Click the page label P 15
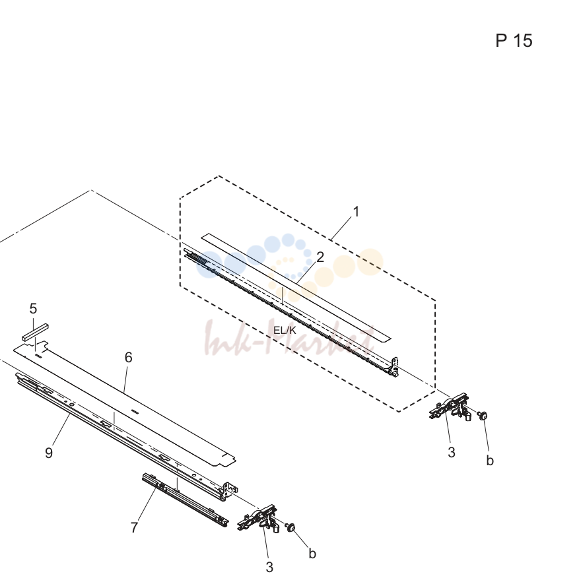click(x=514, y=40)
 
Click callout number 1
click(x=356, y=211)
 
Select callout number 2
click(x=320, y=257)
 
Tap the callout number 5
click(x=33, y=309)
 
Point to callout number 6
click(x=128, y=358)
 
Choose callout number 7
click(x=134, y=527)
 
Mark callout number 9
click(x=49, y=453)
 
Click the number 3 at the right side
click(x=451, y=452)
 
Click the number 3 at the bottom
click(x=269, y=567)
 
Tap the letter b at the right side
click(x=490, y=460)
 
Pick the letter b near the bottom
click(x=312, y=553)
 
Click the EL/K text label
click(x=285, y=330)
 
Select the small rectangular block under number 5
click(x=35, y=332)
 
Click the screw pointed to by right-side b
click(x=483, y=415)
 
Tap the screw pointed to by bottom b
click(x=290, y=527)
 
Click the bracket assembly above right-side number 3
click(x=450, y=407)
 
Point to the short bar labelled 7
click(x=185, y=500)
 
